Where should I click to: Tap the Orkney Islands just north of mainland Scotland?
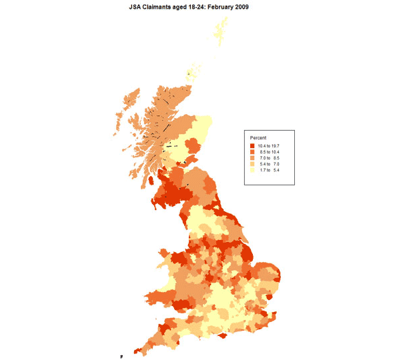tap(192, 72)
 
